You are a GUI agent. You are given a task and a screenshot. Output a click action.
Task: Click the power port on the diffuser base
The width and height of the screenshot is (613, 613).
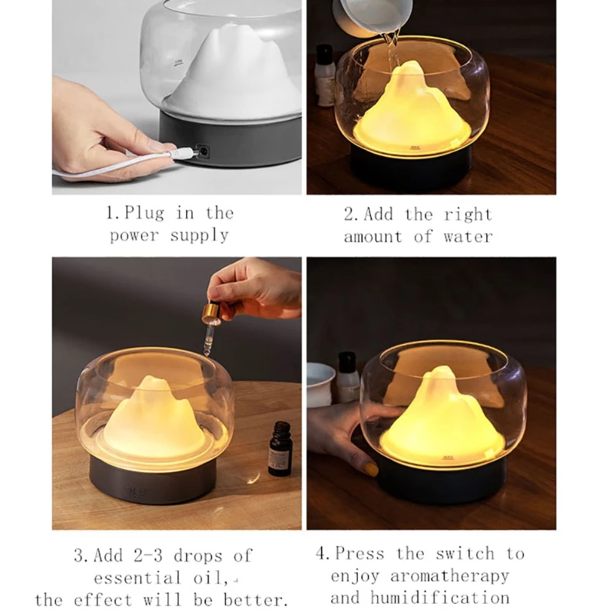click(203, 151)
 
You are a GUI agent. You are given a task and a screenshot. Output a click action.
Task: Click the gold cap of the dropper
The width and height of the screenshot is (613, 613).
click(211, 313)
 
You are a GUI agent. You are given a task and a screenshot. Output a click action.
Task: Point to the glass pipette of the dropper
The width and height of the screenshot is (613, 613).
click(208, 339)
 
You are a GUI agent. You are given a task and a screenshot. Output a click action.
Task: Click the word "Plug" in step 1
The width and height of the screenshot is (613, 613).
click(144, 214)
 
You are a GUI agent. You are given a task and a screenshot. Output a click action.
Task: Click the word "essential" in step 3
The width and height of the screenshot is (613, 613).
click(137, 578)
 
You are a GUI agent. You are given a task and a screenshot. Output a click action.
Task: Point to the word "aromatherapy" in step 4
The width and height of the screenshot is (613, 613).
click(449, 576)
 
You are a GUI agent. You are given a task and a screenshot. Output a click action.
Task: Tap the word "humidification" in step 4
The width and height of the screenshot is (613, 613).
click(439, 598)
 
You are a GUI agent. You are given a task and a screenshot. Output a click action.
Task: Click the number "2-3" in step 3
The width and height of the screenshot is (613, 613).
click(148, 556)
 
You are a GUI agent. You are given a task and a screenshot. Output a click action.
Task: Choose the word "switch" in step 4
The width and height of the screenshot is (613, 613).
click(465, 553)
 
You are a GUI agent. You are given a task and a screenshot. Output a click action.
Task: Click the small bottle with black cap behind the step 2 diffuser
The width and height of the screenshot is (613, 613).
click(324, 75)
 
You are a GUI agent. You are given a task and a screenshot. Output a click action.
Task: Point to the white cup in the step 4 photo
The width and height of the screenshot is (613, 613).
click(320, 384)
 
